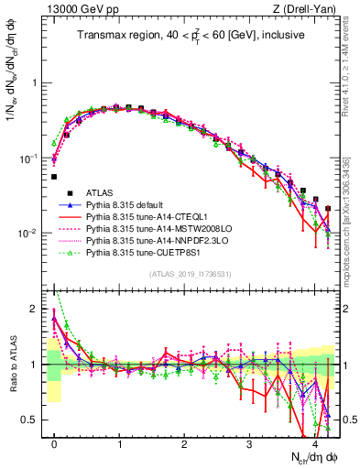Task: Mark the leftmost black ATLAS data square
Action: point(54,177)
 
